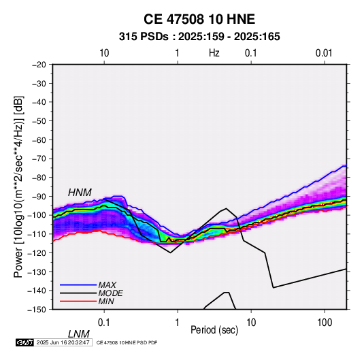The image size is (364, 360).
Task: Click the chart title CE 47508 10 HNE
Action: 199,19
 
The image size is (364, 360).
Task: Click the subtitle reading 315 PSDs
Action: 144,37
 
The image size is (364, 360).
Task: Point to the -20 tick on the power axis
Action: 39,65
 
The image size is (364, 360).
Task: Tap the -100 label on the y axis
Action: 37,215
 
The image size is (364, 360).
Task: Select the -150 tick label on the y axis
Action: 37,310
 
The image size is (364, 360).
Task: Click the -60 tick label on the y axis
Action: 39,140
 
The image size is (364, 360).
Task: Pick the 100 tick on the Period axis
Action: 325,323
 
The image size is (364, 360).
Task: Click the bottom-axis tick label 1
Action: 178,323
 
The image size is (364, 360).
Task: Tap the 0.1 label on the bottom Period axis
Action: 104,323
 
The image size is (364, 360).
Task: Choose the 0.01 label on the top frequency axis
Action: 324,53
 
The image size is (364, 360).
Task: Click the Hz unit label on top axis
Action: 214,53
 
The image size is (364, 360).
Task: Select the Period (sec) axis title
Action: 214,330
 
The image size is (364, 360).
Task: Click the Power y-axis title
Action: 18,186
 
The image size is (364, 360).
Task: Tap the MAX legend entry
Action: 107,285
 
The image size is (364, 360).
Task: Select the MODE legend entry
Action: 110,293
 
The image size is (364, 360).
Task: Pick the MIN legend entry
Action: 106,301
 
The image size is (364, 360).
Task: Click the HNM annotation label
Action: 80,193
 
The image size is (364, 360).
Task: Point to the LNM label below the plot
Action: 79,334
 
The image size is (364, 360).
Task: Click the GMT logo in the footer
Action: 25,342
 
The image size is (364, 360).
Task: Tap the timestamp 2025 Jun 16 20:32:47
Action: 63,342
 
